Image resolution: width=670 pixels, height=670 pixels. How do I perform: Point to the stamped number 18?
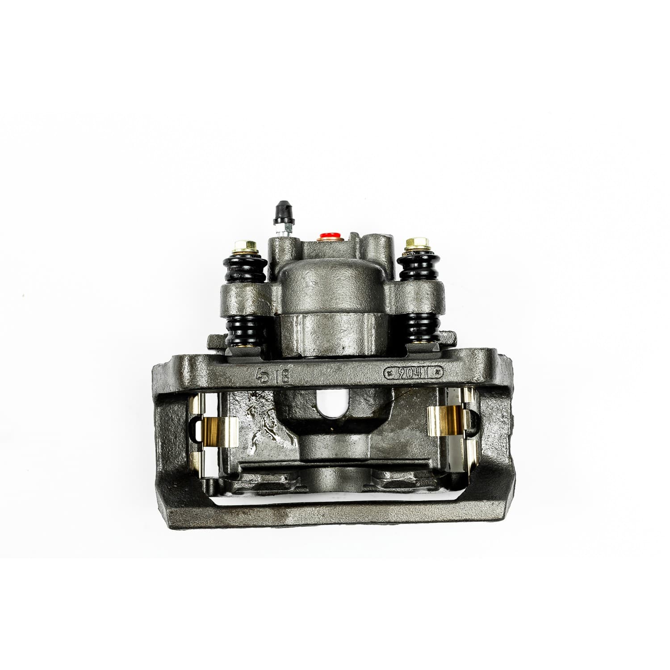pos(283,376)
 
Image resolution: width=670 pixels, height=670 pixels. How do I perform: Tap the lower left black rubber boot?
pos(245,331)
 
